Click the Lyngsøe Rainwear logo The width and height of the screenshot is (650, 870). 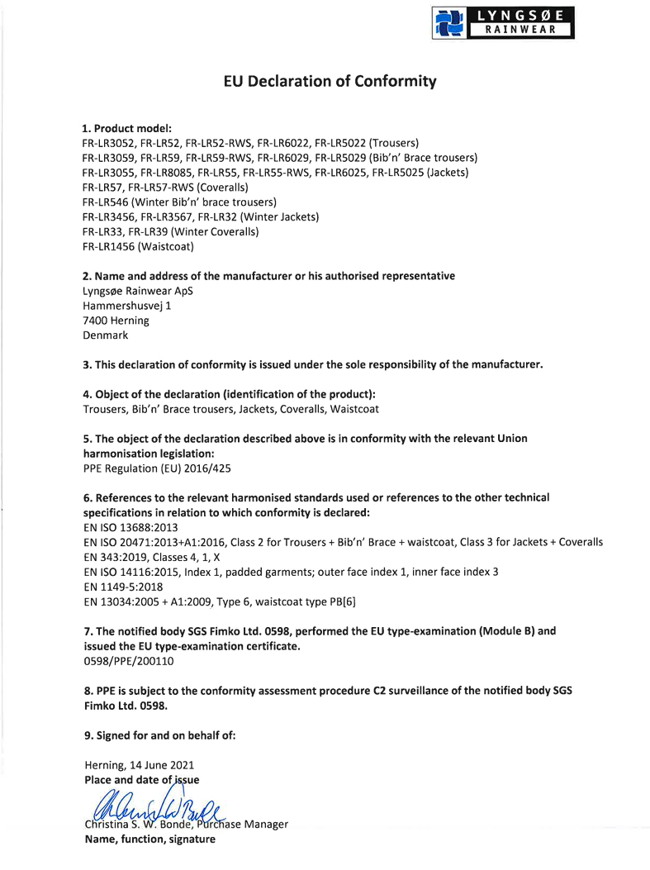tap(503, 23)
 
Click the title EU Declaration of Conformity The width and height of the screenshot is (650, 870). tap(330, 81)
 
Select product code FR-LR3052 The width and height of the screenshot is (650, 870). tap(108, 142)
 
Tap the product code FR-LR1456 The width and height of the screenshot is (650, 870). tap(108, 246)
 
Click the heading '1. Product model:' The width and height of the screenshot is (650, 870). tap(126, 128)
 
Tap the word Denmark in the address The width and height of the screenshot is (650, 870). tap(106, 335)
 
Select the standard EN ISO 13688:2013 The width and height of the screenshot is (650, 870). tap(130, 527)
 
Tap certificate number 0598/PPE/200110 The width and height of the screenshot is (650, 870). tap(129, 661)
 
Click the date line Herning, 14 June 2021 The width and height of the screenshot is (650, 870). tap(140, 765)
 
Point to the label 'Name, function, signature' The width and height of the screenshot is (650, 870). tap(149, 839)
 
